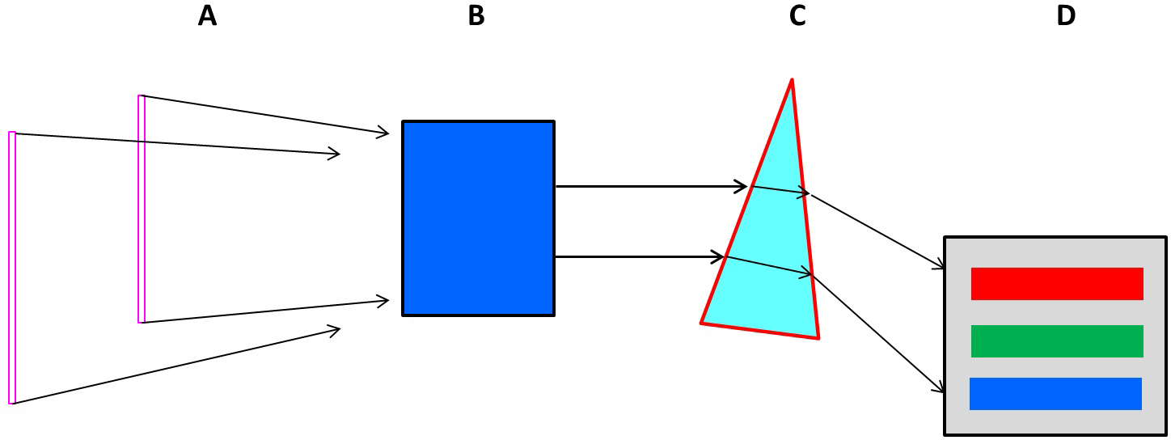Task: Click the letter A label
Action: (207, 15)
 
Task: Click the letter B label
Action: (476, 15)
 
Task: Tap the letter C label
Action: (797, 15)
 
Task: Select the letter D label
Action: (1066, 15)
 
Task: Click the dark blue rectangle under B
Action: (478, 218)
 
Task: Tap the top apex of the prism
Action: (792, 80)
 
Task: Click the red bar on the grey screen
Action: (1057, 284)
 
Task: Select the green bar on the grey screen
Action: (1057, 341)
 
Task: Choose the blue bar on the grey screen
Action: (1055, 394)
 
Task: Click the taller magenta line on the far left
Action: (12, 267)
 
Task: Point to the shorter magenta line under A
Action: (142, 209)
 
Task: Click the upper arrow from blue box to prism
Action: (651, 187)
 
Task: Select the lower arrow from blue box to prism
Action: (639, 257)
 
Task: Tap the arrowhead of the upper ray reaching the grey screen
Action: (941, 267)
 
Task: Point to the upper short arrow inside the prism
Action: (780, 190)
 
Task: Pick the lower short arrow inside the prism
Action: (768, 266)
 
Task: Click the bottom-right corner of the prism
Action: (818, 337)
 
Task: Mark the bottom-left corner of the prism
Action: (702, 323)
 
